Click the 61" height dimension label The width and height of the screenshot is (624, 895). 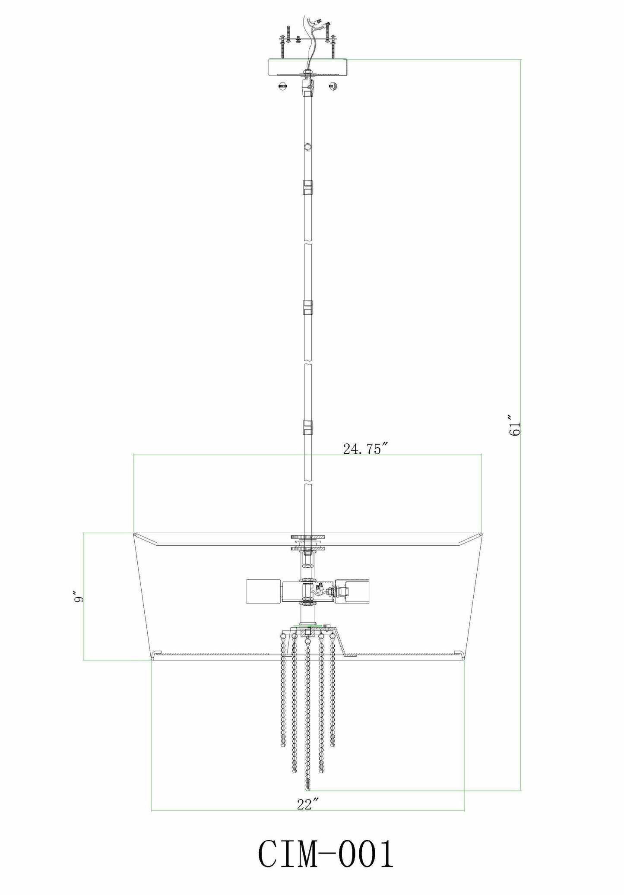pyautogui.click(x=515, y=426)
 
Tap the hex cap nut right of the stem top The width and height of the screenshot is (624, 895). pyautogui.click(x=333, y=86)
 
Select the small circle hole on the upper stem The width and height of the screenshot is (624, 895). pyautogui.click(x=307, y=147)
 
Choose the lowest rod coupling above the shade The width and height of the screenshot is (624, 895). pyautogui.click(x=307, y=427)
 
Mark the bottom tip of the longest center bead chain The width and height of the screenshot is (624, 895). pyautogui.click(x=307, y=788)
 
